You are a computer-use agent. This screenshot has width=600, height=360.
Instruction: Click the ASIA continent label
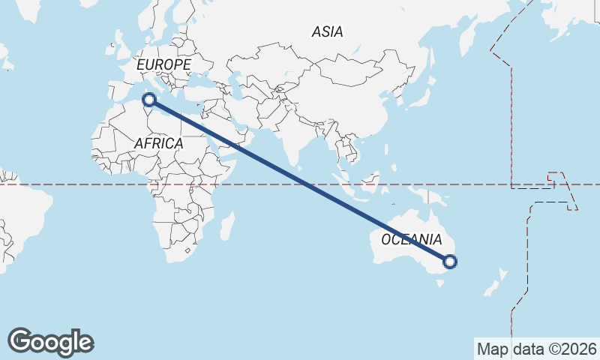[x=328, y=31]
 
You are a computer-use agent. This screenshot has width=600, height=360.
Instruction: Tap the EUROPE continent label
[x=163, y=65]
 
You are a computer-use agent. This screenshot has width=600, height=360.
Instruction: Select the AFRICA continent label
[x=158, y=142]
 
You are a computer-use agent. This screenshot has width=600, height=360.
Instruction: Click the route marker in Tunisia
[x=149, y=99]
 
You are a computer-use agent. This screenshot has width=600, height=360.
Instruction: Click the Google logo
[x=50, y=341]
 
